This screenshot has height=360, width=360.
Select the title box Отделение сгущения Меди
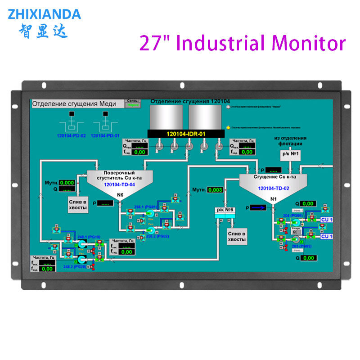[78, 103]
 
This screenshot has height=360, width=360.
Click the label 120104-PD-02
[72, 135]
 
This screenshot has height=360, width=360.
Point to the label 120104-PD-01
[106, 135]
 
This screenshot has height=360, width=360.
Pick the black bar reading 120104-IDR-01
[186, 134]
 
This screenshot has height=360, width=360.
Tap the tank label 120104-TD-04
[120, 184]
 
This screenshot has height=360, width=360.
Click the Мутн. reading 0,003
[216, 189]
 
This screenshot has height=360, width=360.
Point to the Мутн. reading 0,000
[67, 183]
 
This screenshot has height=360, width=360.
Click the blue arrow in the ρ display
[258, 207]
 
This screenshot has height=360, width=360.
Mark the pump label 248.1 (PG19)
[89, 237]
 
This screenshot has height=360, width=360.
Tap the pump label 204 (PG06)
[292, 216]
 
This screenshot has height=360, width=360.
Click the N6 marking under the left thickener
[120, 195]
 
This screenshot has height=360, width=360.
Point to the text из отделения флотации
[290, 141]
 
